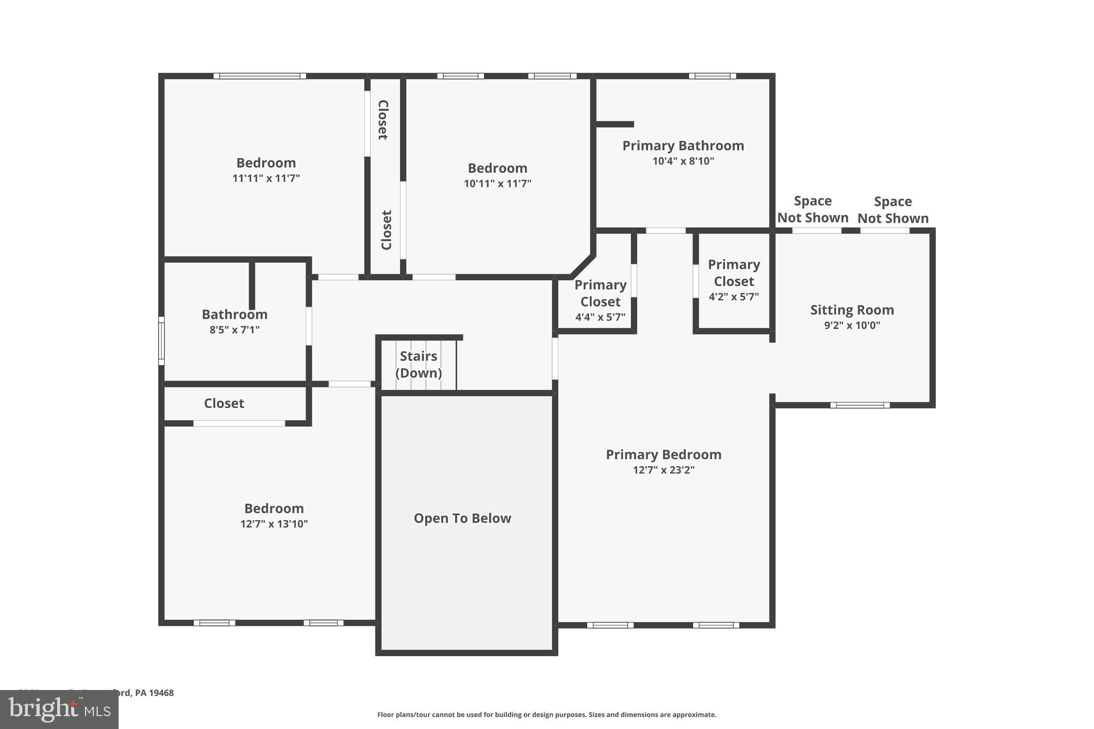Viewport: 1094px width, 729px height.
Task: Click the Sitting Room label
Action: [851, 310]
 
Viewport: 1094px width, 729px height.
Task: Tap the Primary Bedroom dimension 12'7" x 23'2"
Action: [663, 470]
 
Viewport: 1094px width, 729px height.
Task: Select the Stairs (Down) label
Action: [418, 364]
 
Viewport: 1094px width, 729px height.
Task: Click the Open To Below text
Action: [462, 518]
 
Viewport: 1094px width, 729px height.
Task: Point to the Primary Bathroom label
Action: [683, 145]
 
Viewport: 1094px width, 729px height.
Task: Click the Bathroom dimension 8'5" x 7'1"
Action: [235, 330]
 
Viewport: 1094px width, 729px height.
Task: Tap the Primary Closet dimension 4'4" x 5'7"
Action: [600, 317]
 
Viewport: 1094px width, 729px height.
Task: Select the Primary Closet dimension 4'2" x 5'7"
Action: [733, 296]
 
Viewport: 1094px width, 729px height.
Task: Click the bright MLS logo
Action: [59, 710]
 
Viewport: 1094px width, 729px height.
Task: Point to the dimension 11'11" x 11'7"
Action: [266, 178]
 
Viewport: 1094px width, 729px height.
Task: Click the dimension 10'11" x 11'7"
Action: [497, 183]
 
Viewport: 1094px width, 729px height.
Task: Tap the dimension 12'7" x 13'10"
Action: [274, 523]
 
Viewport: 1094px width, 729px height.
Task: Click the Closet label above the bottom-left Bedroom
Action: [224, 403]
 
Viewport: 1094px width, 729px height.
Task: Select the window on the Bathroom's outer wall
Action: [161, 341]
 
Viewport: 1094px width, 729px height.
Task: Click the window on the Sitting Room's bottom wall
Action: [859, 405]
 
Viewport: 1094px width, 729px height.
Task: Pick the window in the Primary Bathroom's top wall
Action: [712, 76]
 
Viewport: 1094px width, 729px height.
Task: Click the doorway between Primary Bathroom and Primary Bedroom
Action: [666, 231]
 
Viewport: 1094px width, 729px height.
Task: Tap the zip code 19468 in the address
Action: [161, 693]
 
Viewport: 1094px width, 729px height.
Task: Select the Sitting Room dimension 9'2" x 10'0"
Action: [851, 325]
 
